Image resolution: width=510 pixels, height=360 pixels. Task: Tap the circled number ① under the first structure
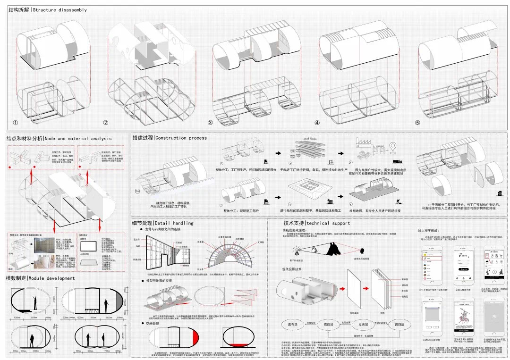point(15,123)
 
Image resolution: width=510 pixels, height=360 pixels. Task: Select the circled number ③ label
point(210,123)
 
